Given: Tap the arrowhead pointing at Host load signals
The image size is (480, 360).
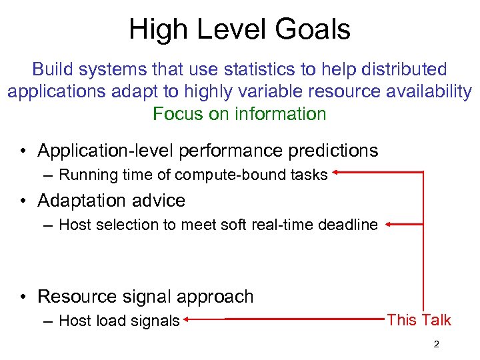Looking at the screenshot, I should [189, 320].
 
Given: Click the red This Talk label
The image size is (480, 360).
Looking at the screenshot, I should [419, 320].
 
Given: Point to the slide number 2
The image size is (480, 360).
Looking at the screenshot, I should [436, 345].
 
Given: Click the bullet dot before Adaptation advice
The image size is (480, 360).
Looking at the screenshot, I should [24, 201].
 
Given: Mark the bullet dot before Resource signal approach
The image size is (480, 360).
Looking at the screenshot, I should [24, 297].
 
